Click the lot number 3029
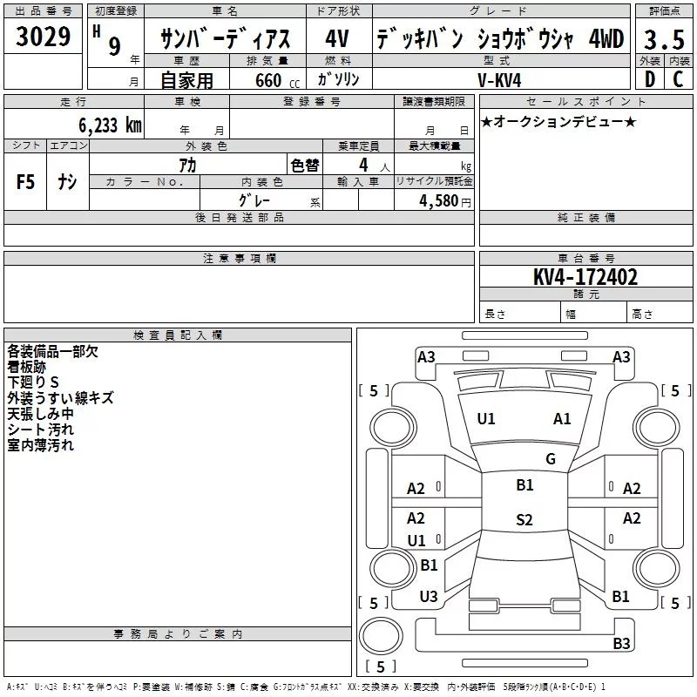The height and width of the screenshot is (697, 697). (x=44, y=38)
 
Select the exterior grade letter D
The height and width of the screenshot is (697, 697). (x=649, y=80)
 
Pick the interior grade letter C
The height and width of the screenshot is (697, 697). (x=677, y=80)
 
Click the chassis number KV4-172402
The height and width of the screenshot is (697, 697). (x=585, y=278)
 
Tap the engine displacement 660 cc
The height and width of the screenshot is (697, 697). (x=267, y=81)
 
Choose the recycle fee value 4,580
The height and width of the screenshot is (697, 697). (x=439, y=201)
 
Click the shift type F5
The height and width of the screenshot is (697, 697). (x=25, y=182)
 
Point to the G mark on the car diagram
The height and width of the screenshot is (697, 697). (x=550, y=459)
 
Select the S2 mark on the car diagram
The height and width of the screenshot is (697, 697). (x=524, y=520)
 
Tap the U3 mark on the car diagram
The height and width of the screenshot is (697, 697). (x=429, y=597)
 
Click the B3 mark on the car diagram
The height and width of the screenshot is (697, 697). (x=621, y=644)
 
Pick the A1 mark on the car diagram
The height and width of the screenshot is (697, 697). (x=562, y=419)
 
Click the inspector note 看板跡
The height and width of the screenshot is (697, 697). (x=27, y=367)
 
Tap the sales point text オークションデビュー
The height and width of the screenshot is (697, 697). (x=558, y=122)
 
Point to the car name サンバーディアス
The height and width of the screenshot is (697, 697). (x=226, y=39)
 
